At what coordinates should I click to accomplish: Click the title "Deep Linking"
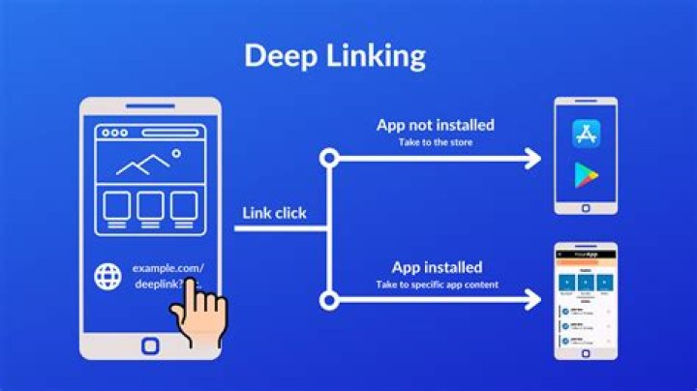click(x=334, y=55)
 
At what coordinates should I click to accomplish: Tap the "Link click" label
click(x=274, y=213)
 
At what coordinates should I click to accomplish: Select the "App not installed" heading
click(x=436, y=125)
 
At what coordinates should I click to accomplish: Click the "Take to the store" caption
click(x=436, y=142)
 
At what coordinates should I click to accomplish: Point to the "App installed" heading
click(x=437, y=267)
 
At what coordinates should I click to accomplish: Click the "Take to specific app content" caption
click(x=437, y=285)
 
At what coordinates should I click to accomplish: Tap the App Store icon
click(x=587, y=133)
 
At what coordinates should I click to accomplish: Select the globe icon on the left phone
click(x=107, y=277)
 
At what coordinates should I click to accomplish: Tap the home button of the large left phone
click(x=150, y=346)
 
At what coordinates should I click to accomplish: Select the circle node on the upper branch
click(x=330, y=158)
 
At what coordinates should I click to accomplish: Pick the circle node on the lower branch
click(x=330, y=300)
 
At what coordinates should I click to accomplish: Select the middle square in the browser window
click(x=149, y=205)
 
